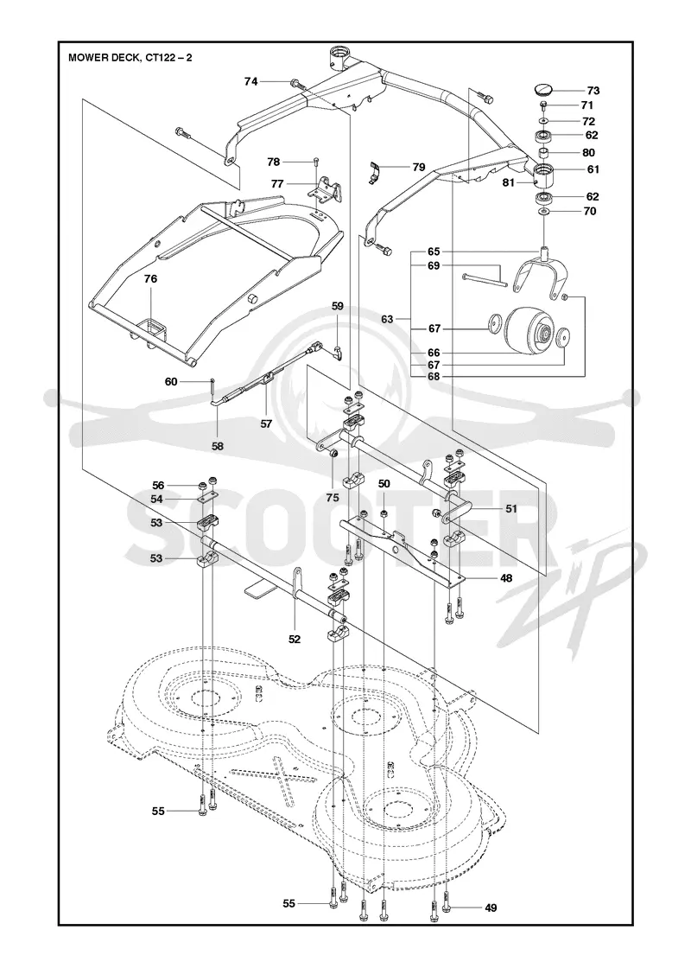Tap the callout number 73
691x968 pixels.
click(x=593, y=91)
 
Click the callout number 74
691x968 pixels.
click(x=250, y=81)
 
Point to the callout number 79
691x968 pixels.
click(x=419, y=168)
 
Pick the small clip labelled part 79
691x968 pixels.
click(x=375, y=172)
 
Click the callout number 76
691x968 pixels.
click(x=150, y=279)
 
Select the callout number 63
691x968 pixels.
click(x=388, y=319)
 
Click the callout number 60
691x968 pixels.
click(x=171, y=382)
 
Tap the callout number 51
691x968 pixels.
click(x=510, y=509)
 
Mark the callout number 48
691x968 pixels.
click(x=506, y=578)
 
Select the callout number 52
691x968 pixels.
click(x=295, y=640)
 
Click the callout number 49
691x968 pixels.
click(x=491, y=907)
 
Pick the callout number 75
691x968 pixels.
click(x=333, y=498)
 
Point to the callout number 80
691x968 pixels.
click(x=588, y=152)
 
